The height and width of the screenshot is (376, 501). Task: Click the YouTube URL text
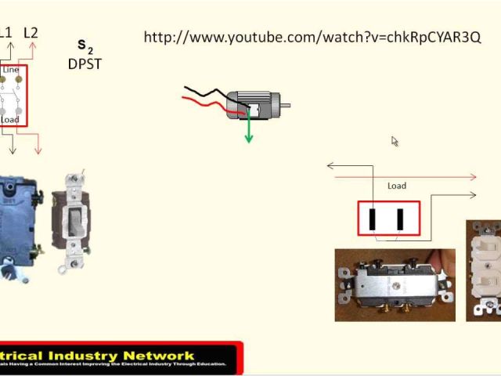[x=312, y=38]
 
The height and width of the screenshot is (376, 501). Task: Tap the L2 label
[x=31, y=33]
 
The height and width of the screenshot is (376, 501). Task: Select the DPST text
[x=85, y=64]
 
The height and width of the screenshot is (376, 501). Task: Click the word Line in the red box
[x=11, y=70]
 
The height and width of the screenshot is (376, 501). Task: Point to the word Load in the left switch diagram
[x=10, y=120]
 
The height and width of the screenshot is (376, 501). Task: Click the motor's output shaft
[x=286, y=105]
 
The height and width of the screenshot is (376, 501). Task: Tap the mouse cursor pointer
[x=395, y=141]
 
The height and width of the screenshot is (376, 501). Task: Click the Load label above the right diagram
[x=397, y=186]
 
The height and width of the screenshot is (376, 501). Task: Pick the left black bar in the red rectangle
[x=373, y=219]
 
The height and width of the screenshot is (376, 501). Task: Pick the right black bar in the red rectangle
[x=400, y=219]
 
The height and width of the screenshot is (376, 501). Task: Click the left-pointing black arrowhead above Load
[x=330, y=165]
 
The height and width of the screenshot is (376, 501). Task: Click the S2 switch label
[x=84, y=47]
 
